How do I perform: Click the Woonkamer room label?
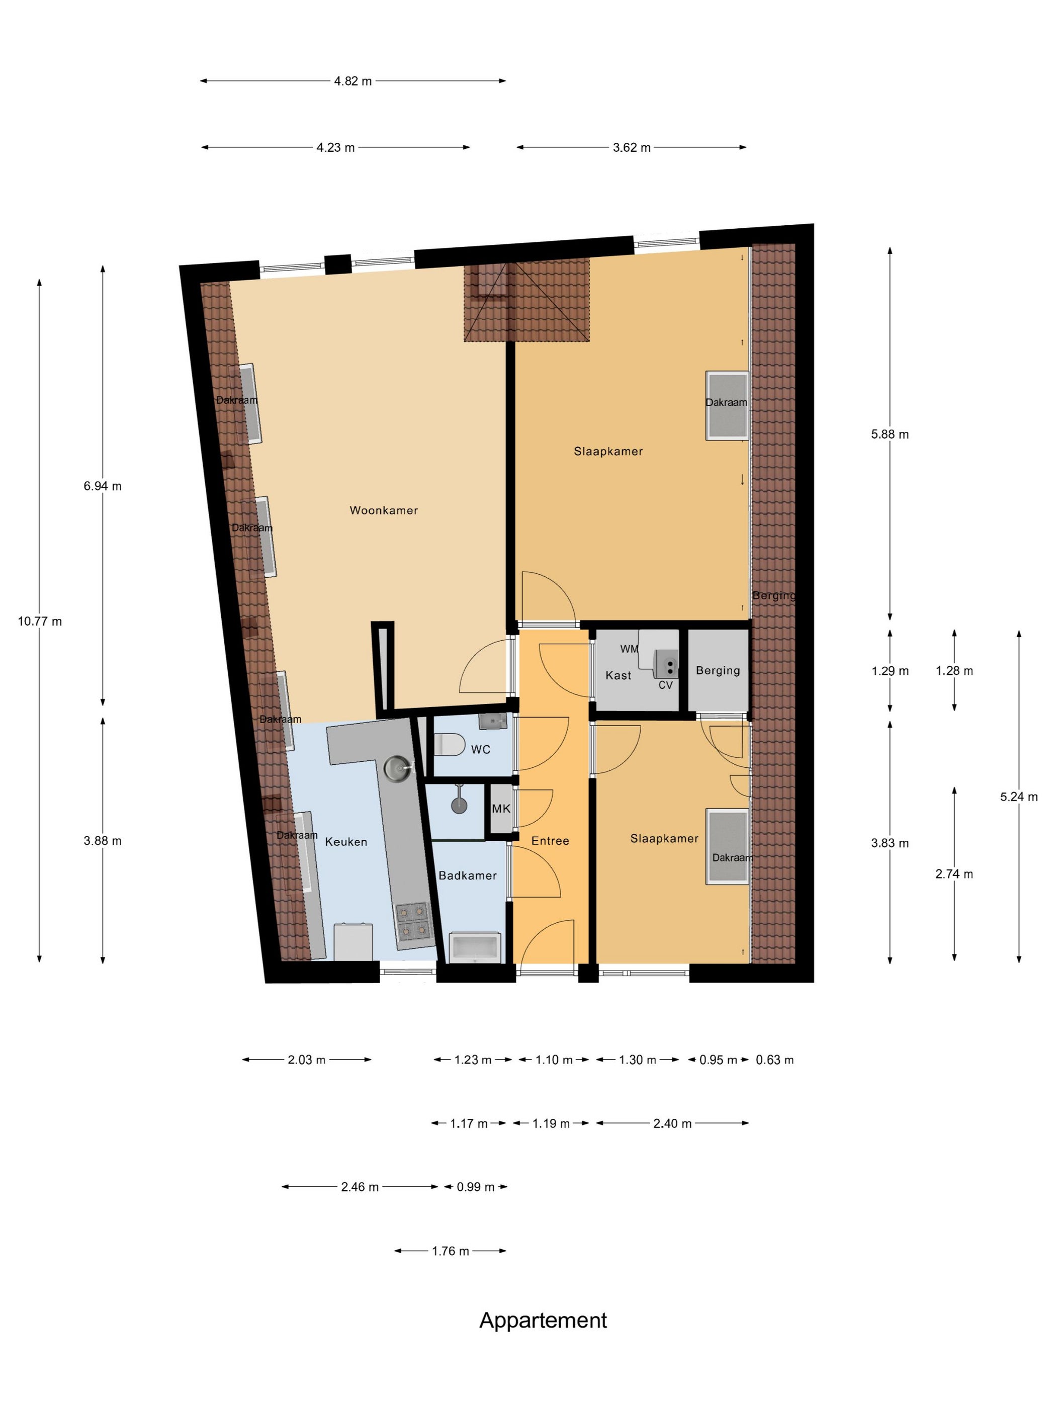tap(383, 510)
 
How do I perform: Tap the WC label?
tap(481, 749)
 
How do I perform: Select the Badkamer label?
tap(467, 875)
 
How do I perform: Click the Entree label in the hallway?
tap(550, 841)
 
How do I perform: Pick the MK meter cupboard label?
tap(501, 809)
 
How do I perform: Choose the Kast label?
tap(618, 675)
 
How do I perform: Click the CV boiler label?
tap(665, 685)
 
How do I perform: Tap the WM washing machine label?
tap(629, 649)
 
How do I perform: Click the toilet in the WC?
tap(450, 744)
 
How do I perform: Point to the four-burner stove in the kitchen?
tap(412, 922)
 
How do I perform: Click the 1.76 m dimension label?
tap(450, 1251)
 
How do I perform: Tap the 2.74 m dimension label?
tap(953, 874)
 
